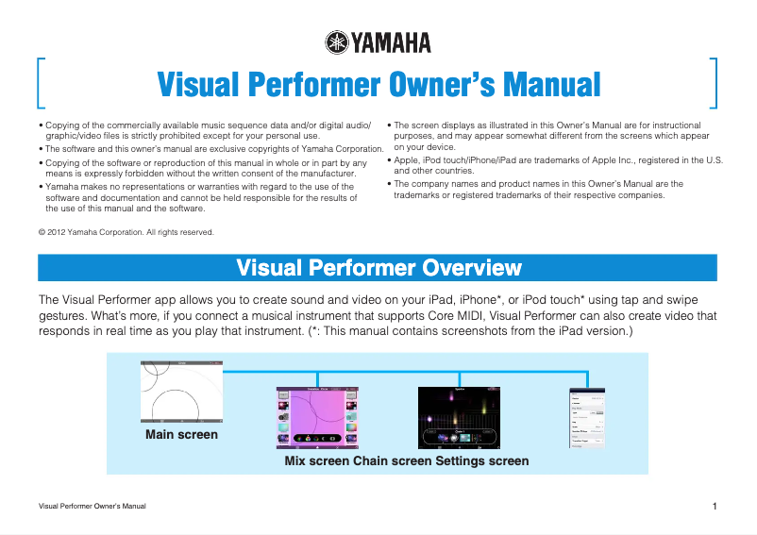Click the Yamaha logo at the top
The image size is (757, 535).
coord(378,42)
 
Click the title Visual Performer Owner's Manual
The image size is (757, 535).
coord(378,85)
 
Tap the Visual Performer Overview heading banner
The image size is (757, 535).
coord(378,267)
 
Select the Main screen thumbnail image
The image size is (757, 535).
coord(181,392)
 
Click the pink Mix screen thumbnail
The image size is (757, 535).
coord(317,416)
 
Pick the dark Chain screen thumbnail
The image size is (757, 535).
coord(458,416)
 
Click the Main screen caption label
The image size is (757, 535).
coord(181,435)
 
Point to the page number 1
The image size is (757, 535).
coord(715,508)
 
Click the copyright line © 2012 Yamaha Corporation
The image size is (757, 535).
coord(126,232)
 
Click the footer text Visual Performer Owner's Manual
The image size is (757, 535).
coord(92,508)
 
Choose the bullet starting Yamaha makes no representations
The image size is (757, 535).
coord(203,198)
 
